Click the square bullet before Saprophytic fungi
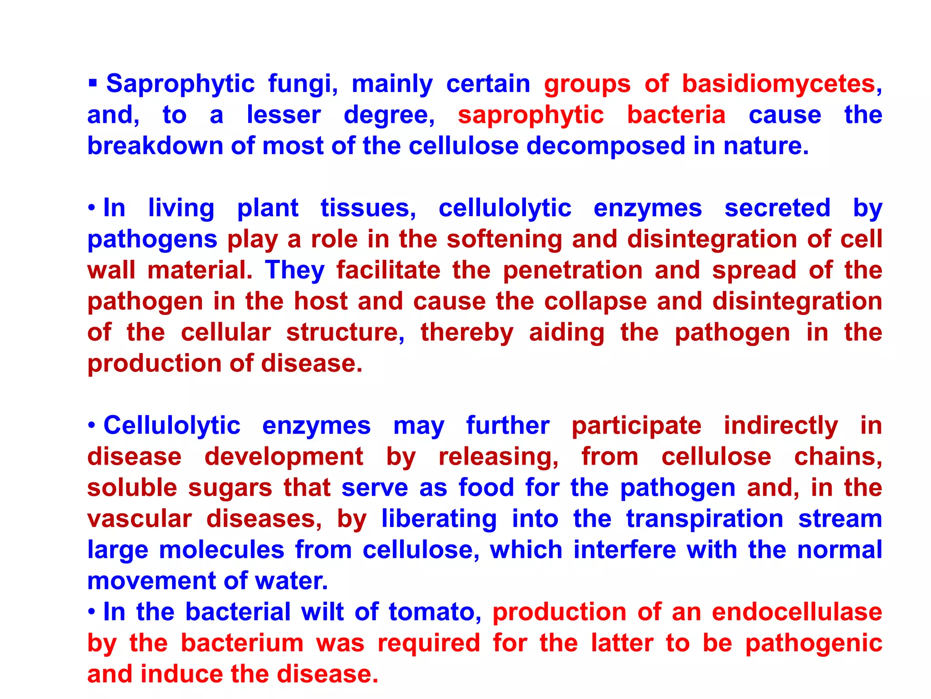point(93,83)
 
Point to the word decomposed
point(605,146)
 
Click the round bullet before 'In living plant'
point(92,208)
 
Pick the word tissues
point(368,208)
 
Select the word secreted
point(777,208)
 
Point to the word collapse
point(596,302)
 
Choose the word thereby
point(467,333)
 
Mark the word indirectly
point(781,426)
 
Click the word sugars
point(230,488)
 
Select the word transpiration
point(705,519)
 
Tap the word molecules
point(221,550)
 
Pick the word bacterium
point(242,643)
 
